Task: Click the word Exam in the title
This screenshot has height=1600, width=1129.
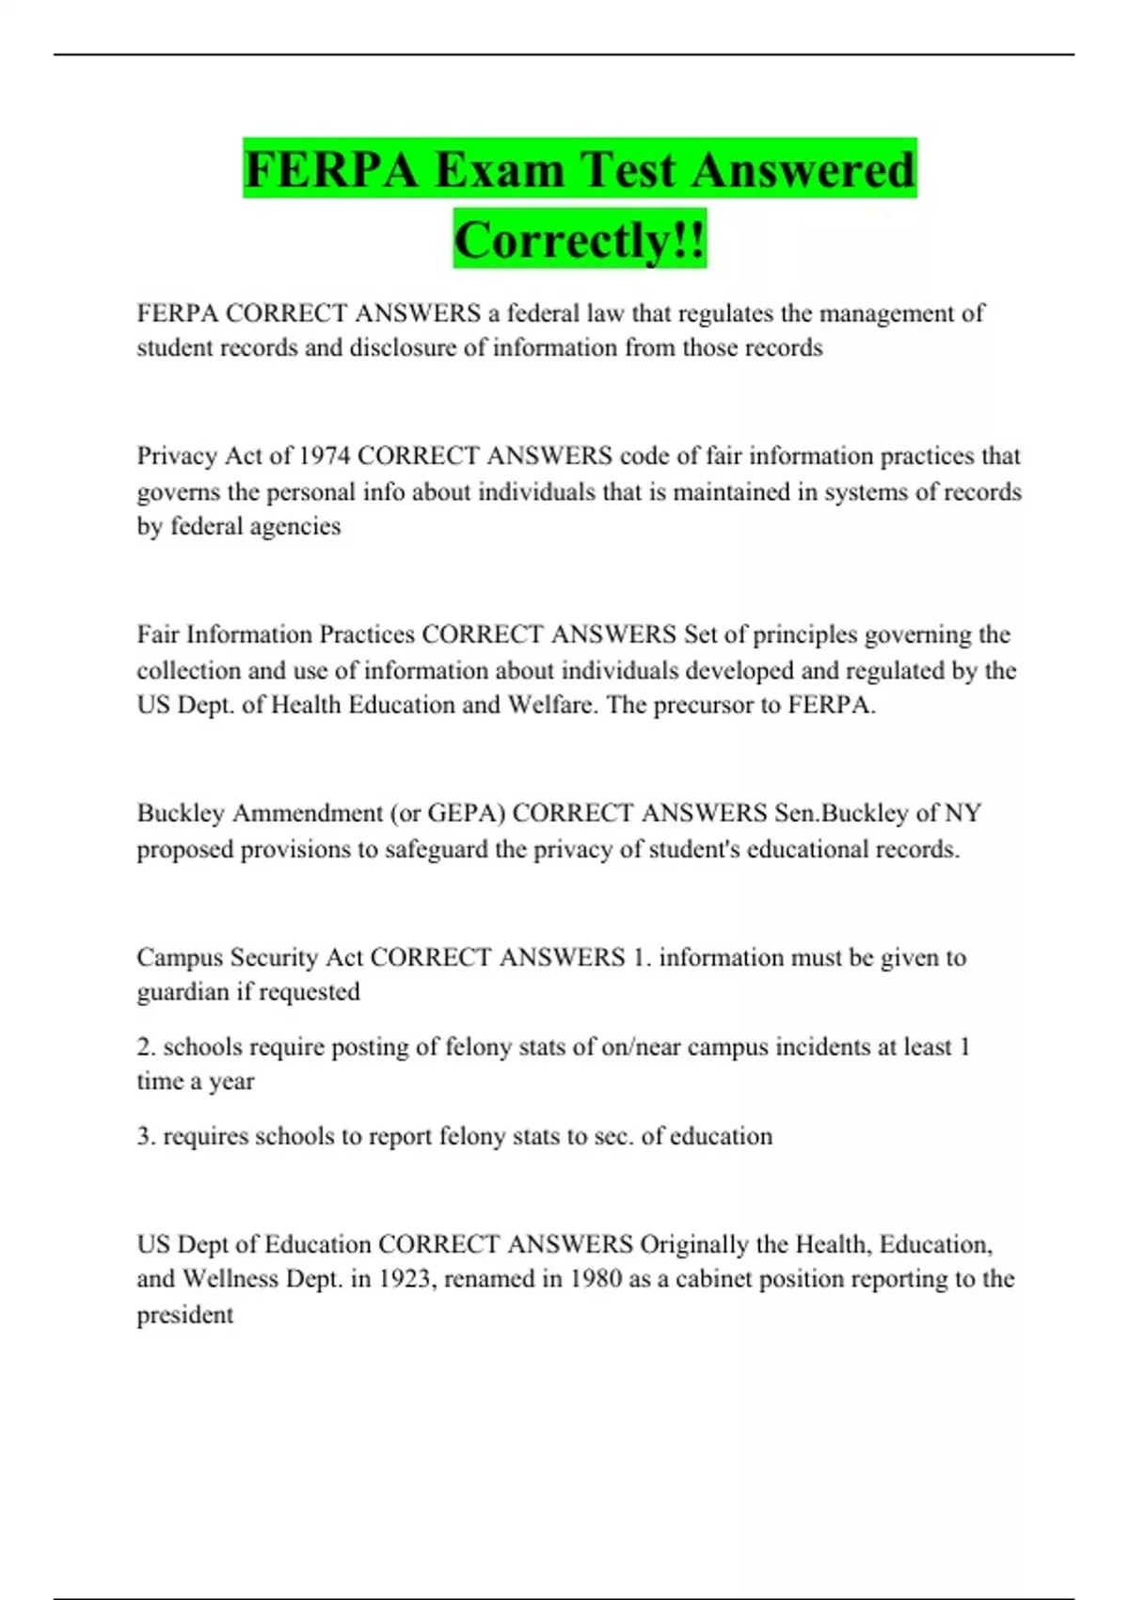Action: [x=499, y=170]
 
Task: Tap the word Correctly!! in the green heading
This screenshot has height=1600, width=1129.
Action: [x=580, y=240]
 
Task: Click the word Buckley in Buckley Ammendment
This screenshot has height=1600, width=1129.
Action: [x=181, y=813]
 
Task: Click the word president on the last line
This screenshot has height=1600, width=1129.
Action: [x=184, y=1315]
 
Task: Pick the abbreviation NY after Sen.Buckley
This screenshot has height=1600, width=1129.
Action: [x=963, y=813]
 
